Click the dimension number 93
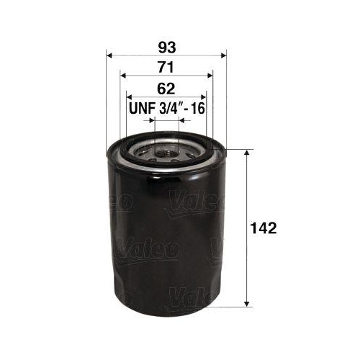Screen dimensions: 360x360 [x=165, y=48]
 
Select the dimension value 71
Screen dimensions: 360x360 [x=165, y=68]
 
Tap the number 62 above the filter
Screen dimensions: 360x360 [x=165, y=89]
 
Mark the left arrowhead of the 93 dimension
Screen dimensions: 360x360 [x=110, y=55]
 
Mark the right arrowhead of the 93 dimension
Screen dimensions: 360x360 [x=221, y=55]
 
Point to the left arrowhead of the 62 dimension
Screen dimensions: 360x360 [x=130, y=96]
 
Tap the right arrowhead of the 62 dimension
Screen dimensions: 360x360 [x=202, y=96]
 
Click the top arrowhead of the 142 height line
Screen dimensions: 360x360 [x=248, y=154]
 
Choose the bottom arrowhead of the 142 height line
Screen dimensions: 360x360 [x=248, y=302]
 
